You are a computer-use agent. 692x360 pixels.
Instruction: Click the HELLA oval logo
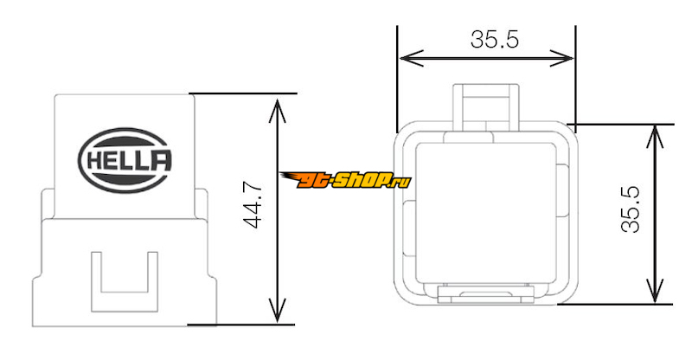tap(125, 160)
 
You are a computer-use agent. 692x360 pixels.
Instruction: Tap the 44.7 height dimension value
tap(253, 207)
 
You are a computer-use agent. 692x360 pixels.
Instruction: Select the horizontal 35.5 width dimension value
tap(494, 39)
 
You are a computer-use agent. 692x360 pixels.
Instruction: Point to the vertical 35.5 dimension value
tap(631, 209)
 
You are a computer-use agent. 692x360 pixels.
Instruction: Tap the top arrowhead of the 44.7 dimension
tap(277, 111)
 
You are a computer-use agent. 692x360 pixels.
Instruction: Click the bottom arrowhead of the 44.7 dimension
tap(277, 310)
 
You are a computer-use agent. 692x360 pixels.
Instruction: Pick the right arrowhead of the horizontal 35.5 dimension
tap(561, 58)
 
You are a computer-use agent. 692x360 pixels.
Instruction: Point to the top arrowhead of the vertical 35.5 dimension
tap(656, 137)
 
